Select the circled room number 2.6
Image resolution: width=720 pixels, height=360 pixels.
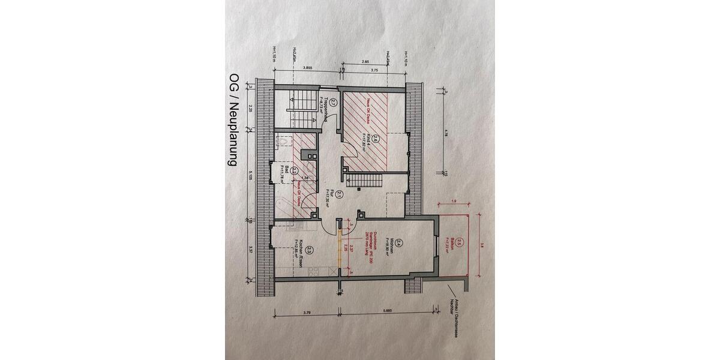(x=375, y=140)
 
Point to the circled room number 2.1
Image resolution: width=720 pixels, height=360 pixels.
(x=339, y=194)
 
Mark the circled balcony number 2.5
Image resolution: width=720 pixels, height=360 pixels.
(x=460, y=242)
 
